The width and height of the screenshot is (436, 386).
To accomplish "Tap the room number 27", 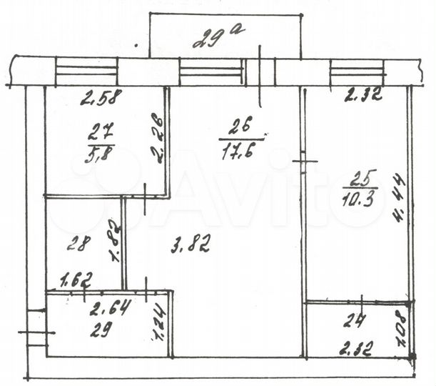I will (x=99, y=131).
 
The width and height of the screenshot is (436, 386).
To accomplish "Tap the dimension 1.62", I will (x=72, y=279).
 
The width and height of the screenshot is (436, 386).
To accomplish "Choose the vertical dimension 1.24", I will (x=158, y=322).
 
